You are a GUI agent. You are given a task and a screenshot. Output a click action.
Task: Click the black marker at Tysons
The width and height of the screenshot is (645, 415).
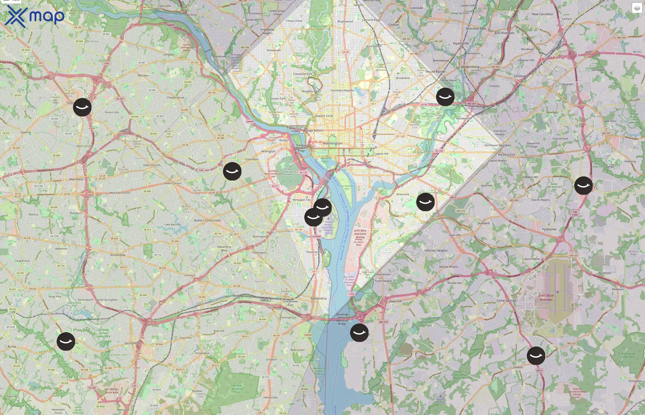pos(82,107)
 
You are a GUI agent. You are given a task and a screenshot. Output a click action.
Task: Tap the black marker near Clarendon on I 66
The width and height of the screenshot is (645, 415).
pos(232,171)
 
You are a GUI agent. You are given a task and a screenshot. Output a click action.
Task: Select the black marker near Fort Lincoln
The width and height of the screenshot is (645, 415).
pos(445,97)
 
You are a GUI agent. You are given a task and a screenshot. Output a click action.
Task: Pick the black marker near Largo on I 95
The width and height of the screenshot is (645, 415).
pos(583,186)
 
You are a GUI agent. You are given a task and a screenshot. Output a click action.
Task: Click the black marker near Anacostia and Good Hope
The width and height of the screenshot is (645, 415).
pos(425,202)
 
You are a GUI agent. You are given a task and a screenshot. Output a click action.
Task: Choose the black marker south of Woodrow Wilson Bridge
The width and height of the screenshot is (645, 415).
pos(359,333)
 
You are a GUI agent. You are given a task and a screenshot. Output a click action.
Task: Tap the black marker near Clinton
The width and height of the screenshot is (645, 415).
pos(536,356)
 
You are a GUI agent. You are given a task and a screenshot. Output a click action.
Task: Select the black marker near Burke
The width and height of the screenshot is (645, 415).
pos(66,341)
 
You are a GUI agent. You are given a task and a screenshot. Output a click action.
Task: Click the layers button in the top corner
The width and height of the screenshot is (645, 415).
pos(637,8)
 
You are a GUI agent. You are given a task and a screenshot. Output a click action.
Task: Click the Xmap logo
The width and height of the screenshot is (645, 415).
pos(35,16)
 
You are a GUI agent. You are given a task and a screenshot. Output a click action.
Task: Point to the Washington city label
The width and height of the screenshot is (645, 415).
pos(332,143)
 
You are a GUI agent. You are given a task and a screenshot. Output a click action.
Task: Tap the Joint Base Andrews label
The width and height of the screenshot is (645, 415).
pos(546,297)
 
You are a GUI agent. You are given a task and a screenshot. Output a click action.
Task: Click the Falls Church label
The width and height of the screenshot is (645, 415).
pos(152,165)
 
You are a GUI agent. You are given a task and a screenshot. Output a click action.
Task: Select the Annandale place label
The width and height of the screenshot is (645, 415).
pos(118,255)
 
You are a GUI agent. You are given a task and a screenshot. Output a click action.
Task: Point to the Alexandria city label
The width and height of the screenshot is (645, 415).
pos(318,298)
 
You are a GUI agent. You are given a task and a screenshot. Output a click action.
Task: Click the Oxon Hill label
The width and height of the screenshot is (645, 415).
pos(395,301)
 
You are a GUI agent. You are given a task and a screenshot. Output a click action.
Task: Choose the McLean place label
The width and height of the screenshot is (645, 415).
pos(143,75)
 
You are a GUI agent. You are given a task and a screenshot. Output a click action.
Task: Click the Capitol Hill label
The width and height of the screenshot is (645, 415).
pos(381,154)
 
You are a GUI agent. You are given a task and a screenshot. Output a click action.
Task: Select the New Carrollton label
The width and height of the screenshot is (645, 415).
pos(542,14)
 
